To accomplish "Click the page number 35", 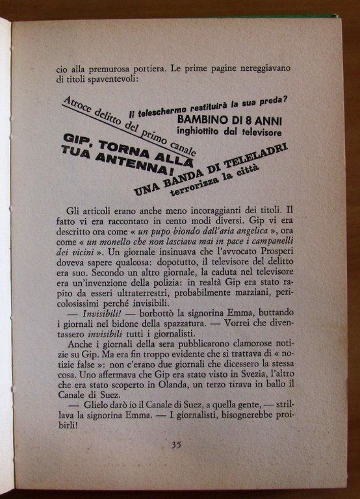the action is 176,444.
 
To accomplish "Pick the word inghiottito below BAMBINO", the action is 200,132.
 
